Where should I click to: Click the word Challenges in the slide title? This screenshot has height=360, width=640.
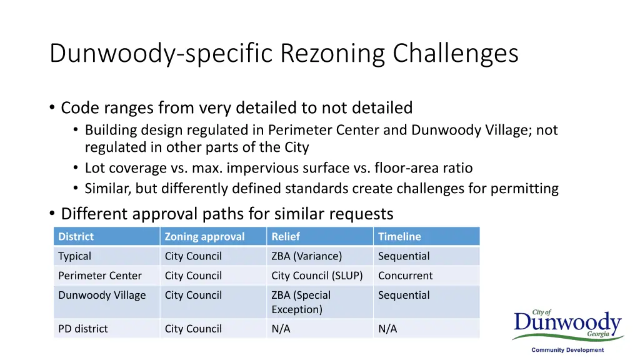pos(456,54)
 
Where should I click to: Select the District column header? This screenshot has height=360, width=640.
pos(76,236)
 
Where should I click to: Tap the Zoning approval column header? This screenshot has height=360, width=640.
pos(204,236)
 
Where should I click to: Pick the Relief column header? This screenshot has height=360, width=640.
pos(286,236)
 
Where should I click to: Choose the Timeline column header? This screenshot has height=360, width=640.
pos(399,236)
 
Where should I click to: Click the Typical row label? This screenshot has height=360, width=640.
pos(74,256)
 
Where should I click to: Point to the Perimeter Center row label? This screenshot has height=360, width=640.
pos(100,276)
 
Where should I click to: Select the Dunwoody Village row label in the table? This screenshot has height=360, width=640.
pos(102,295)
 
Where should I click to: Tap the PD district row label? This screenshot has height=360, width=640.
pos(82,329)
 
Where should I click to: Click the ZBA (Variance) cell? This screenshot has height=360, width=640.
pos(306,256)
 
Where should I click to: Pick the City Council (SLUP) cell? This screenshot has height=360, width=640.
pos(317,276)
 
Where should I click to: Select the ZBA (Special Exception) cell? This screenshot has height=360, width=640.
pos(301,302)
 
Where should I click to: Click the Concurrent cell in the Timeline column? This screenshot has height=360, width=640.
pos(405,276)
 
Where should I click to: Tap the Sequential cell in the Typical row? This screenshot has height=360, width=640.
pos(404,256)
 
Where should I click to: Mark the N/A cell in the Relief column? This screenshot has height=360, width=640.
pos(281,329)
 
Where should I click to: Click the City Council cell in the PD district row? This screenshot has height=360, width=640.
pos(193,329)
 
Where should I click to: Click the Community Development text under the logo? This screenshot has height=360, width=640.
pos(567,351)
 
